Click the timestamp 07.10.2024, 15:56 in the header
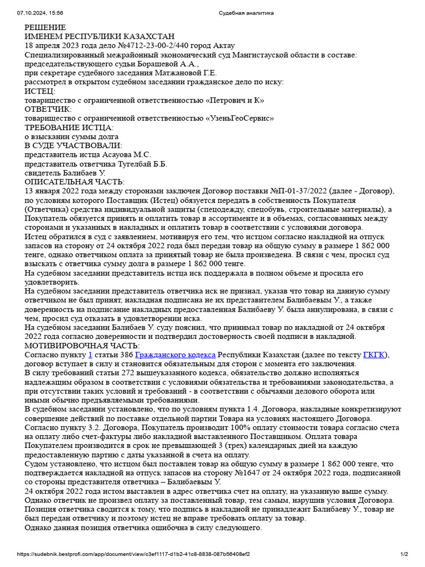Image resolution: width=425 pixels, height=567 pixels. [40, 13]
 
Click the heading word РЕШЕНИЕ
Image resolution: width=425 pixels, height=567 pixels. [45, 28]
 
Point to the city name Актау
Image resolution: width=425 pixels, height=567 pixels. [224, 45]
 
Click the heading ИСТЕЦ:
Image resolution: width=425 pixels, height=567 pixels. [40, 91]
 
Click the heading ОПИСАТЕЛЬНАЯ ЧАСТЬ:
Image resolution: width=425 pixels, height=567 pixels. [75, 182]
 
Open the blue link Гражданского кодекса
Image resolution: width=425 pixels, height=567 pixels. [175, 355]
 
